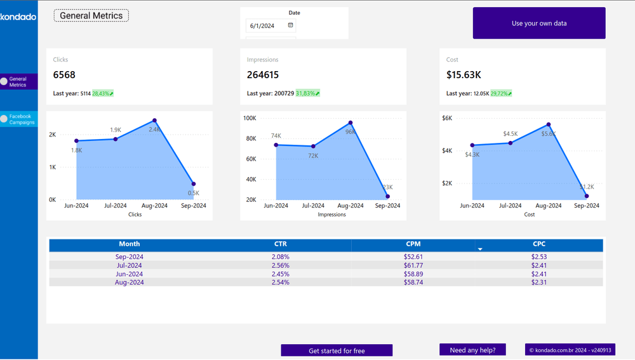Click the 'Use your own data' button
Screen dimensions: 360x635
pos(539,23)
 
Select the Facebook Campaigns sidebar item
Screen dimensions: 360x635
pos(19,119)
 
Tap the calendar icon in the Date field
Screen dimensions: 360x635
pos(291,25)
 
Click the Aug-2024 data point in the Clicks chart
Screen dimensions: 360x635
pos(154,121)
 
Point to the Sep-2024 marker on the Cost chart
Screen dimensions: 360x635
pos(587,196)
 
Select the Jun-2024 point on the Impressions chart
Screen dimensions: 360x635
pos(276,145)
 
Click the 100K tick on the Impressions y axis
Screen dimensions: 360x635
pos(250,118)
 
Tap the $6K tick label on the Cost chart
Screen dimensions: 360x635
pos(447,118)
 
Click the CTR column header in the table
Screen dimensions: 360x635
pos(280,244)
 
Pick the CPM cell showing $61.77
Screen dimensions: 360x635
pos(413,265)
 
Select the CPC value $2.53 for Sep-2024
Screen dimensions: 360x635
pos(539,257)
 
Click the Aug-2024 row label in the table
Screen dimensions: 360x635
pos(129,282)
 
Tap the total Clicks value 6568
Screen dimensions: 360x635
pos(64,75)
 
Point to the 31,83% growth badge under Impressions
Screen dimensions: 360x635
pos(307,93)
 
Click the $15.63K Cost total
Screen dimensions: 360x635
pos(464,75)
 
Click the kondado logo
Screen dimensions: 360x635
pos(18,17)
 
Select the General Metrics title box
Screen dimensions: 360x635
pos(91,16)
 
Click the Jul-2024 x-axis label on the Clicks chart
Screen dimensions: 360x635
pos(116,206)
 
